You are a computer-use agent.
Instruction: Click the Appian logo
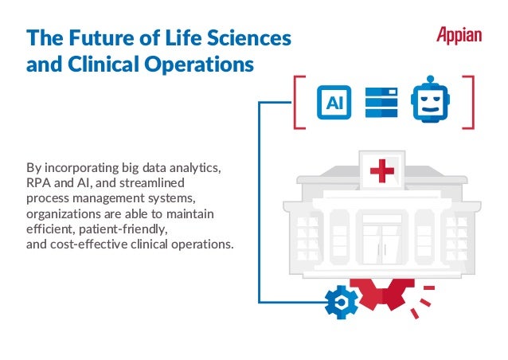click(x=459, y=36)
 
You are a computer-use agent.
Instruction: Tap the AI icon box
click(x=334, y=102)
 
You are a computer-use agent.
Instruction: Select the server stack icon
click(x=381, y=102)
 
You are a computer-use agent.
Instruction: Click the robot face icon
click(x=428, y=102)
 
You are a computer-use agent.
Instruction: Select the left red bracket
click(x=299, y=102)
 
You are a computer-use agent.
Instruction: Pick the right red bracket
click(x=469, y=102)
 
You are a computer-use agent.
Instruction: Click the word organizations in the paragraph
click(x=63, y=213)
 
